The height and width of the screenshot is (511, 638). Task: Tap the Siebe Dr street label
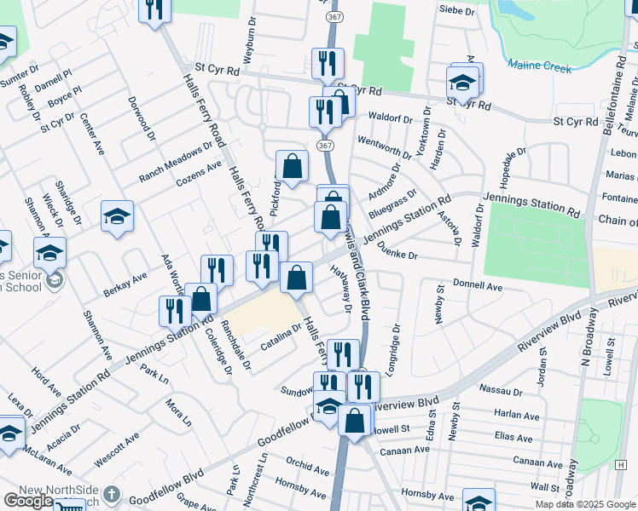click(455, 10)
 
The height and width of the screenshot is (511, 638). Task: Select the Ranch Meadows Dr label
click(176, 163)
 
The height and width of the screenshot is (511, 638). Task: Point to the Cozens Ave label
click(198, 172)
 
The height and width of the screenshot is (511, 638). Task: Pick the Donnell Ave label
click(477, 286)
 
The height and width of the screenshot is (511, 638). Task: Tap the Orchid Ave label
click(304, 465)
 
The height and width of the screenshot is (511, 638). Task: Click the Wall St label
click(543, 485)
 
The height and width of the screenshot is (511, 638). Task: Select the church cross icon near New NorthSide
click(111, 494)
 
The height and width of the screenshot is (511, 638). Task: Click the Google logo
click(28, 501)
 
